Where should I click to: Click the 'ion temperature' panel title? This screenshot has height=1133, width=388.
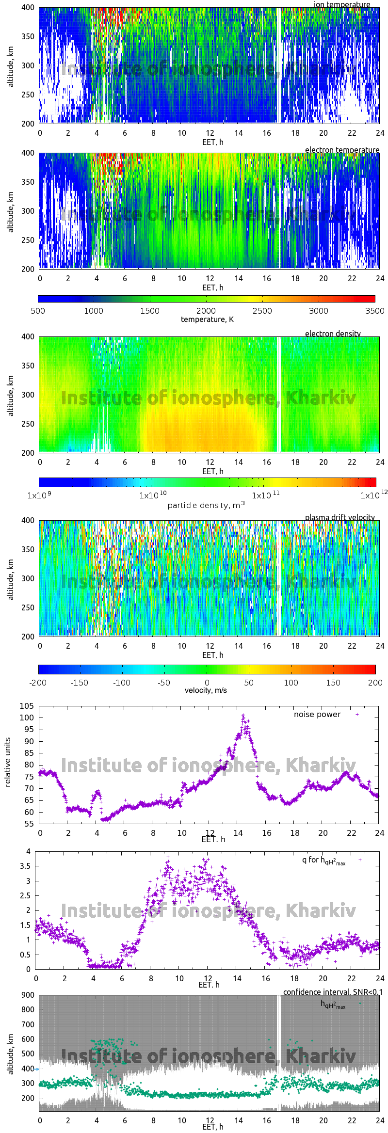342,4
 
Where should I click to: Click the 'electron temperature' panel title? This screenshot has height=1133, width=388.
342,150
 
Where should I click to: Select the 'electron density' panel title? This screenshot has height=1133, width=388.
333,334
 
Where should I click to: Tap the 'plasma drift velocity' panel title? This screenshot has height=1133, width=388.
339,517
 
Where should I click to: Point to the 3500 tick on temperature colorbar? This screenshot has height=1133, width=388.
374,311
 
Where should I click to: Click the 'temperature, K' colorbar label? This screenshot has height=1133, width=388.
207,319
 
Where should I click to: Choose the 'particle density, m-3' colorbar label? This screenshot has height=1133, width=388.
206,505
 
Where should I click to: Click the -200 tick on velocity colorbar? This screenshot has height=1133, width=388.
38,683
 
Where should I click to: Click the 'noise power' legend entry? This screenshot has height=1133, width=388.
317,715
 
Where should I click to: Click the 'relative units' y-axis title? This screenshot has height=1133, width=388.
8,763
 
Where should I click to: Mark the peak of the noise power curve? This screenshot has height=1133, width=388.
243,715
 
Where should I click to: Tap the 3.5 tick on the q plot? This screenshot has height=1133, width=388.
25,866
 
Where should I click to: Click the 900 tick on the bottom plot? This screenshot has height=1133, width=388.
28,995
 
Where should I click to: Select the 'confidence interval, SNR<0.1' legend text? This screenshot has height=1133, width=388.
333,992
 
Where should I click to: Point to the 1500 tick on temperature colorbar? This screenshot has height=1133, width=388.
150,311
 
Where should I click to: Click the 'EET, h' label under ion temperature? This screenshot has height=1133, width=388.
212,142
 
